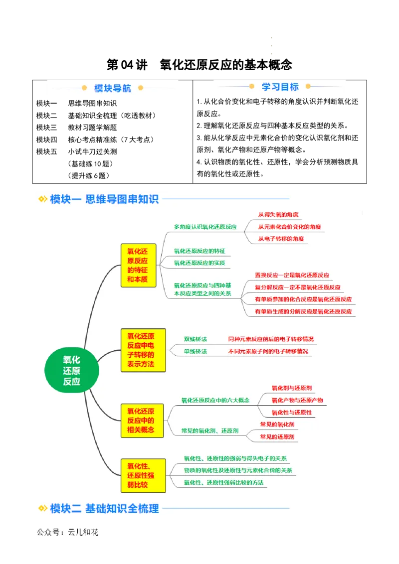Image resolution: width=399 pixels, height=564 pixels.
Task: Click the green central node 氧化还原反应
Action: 72,370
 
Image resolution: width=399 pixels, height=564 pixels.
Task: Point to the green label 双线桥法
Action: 196,339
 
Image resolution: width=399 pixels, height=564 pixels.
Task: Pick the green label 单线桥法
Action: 196,351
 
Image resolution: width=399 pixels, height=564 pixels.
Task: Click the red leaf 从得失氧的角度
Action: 278,215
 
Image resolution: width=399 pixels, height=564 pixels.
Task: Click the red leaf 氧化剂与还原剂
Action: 292,388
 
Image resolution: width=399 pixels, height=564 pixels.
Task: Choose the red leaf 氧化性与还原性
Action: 292,413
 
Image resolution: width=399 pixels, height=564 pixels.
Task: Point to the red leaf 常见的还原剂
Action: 277,437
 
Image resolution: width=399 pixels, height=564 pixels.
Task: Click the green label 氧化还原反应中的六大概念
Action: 215,400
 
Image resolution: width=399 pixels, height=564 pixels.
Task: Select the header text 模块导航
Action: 113,88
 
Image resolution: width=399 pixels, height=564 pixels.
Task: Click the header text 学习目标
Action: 280,87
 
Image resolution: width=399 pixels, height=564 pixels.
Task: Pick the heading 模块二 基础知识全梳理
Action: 104,509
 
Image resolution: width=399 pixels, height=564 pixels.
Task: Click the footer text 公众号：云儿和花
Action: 68,532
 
